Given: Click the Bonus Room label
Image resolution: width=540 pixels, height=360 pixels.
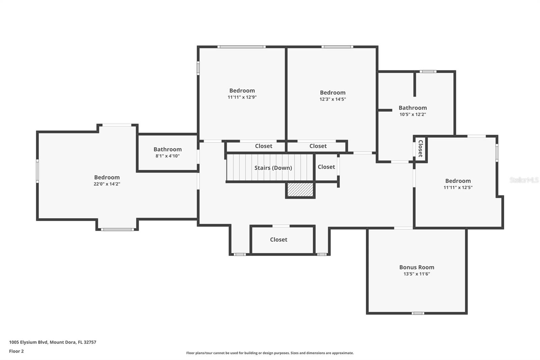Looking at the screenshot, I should coord(416,267).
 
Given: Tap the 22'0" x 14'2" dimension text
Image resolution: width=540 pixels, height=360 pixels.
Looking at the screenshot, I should coord(107,184).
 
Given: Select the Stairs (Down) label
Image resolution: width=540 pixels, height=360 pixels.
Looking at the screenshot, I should coord(273,168).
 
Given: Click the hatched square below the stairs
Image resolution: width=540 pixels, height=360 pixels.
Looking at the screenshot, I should coord(300,190).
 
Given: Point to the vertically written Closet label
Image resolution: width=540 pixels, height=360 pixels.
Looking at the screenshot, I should coord(421,149).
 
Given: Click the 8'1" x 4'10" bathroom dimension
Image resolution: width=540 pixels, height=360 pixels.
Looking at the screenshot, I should coord(167,156).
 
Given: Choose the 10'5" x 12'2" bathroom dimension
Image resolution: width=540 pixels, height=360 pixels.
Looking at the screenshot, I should coord(413,114).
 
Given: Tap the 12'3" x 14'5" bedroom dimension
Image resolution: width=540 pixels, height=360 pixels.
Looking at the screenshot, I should coord(332,99).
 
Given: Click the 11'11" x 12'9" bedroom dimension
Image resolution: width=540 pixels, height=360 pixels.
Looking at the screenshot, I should coord(242,97).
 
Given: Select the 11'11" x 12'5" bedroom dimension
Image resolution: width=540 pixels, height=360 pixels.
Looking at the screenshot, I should coord(458,187).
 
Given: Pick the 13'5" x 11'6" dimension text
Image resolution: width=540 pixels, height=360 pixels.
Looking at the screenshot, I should coord(416,274).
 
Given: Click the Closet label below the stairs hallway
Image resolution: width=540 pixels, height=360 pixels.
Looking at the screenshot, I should coord(278,239).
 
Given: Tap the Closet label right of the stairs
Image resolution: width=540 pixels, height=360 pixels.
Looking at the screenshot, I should coord(326,167).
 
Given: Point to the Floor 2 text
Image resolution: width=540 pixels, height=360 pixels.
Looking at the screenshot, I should coord(16,351).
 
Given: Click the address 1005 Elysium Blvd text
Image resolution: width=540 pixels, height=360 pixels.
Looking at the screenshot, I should coord(52,342).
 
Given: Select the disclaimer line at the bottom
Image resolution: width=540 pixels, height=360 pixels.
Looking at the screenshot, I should coord(270,353).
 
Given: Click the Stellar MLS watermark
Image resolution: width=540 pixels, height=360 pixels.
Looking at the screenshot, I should coord(524,180).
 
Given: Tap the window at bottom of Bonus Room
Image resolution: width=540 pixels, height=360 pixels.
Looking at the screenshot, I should coord(417,313).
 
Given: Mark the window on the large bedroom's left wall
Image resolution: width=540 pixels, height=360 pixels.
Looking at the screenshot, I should coord(37,171).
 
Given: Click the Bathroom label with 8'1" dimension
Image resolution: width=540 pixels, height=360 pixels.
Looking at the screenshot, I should coord(167,149).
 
